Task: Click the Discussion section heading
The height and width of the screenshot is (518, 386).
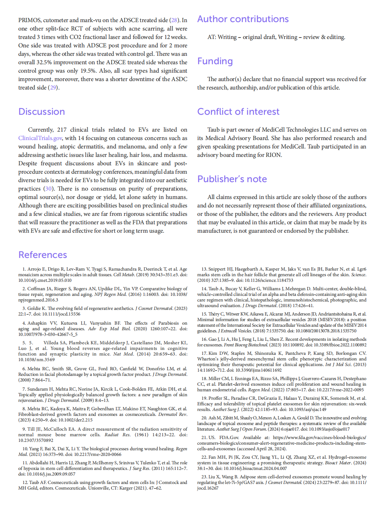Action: click(x=41, y=112)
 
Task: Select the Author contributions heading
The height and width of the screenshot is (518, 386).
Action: click(x=243, y=19)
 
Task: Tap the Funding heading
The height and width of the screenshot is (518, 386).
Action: click(x=215, y=61)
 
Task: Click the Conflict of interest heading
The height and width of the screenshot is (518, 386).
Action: click(x=238, y=112)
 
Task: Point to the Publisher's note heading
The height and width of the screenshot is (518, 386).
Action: click(x=232, y=179)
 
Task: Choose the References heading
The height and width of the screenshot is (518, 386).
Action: click(x=42, y=255)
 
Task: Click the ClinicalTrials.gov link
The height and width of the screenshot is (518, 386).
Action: click(x=40, y=138)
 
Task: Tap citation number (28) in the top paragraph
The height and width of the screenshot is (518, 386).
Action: click(x=174, y=20)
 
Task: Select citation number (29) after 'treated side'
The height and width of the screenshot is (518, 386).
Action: click(x=53, y=88)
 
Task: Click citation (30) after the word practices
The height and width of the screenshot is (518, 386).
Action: click(x=48, y=189)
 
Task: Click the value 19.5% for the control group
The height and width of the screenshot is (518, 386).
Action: click(x=88, y=71)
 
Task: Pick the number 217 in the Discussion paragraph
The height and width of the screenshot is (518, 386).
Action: click(x=62, y=130)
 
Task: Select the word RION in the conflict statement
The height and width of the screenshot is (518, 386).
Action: click(x=273, y=155)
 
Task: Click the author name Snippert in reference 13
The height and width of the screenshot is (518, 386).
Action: click(x=217, y=269)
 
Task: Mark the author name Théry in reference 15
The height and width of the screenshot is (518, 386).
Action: click(x=214, y=314)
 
